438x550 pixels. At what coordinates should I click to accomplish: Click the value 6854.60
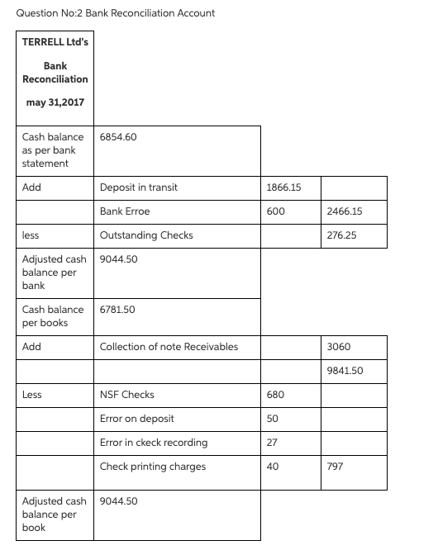click(117, 136)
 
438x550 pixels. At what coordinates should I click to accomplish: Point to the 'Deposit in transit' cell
click(138, 187)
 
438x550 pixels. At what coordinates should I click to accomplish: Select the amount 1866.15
click(284, 187)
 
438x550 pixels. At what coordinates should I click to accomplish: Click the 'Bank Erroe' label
click(124, 211)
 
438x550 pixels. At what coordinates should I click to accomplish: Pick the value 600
click(277, 211)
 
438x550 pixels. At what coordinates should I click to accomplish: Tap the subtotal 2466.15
click(345, 211)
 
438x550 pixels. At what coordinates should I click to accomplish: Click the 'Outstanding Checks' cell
click(146, 235)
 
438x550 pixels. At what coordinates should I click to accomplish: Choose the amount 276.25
click(343, 235)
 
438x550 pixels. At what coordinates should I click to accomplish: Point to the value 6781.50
click(117, 310)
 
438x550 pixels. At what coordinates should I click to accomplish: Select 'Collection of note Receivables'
click(169, 347)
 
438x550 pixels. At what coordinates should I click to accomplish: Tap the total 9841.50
click(345, 371)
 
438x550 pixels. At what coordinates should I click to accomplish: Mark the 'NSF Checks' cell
click(126, 395)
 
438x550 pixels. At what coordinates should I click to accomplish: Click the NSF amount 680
click(277, 395)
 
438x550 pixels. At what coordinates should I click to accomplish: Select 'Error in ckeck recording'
click(154, 443)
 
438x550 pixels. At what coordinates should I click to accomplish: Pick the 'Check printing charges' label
click(153, 467)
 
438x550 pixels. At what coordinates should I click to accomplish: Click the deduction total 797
click(336, 467)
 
